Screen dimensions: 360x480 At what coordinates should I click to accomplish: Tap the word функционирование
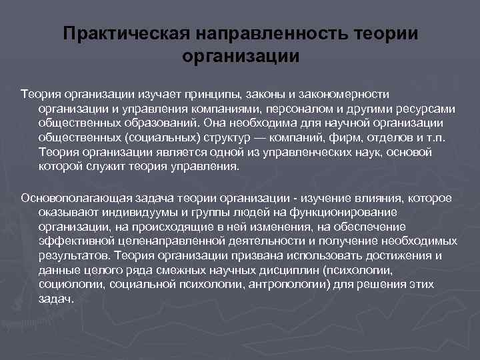(348, 212)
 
